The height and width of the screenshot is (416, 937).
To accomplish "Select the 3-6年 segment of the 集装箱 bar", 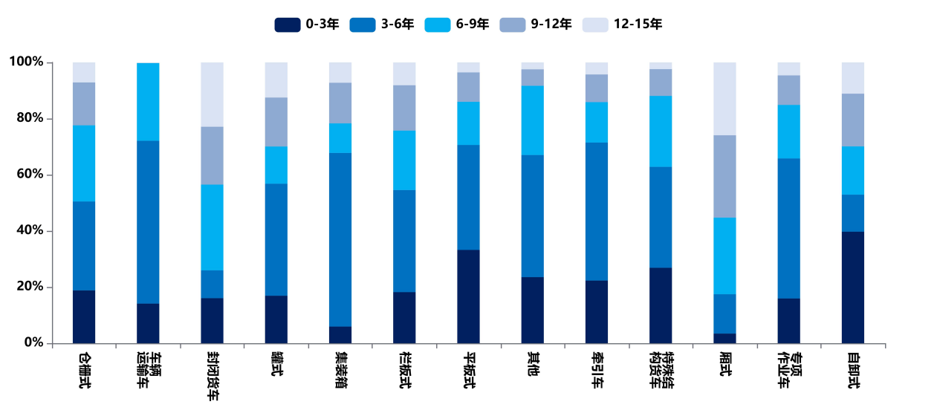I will click(340, 239).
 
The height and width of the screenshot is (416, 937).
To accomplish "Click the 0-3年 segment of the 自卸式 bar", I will click(853, 287).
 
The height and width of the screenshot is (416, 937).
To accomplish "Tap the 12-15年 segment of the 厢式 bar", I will click(724, 99).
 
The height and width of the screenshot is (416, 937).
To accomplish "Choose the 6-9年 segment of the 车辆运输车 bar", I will click(148, 102).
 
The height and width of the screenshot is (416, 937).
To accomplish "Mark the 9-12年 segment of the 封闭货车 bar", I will click(212, 155).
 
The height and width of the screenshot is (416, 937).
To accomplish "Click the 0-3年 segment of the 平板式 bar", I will click(468, 296).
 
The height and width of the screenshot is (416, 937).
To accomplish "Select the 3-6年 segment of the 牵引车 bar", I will click(597, 211).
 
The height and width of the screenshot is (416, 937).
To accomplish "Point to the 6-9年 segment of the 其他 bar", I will click(532, 120).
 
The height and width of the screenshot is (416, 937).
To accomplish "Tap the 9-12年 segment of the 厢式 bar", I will click(724, 176).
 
